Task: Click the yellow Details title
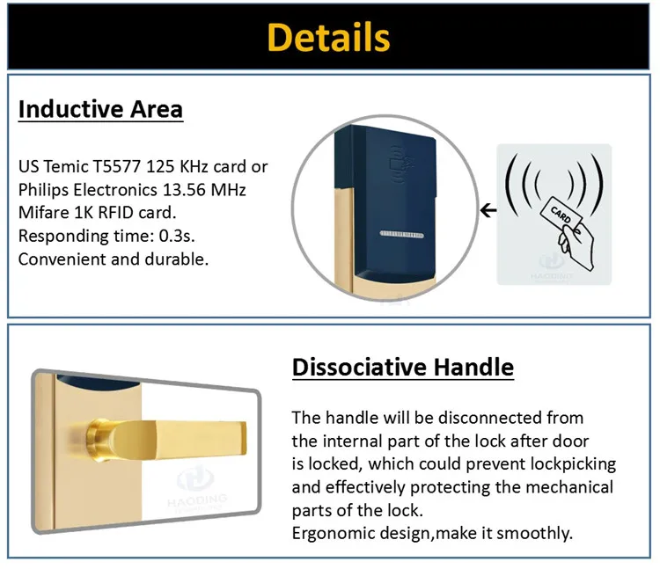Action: click(x=328, y=37)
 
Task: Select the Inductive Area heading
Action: click(x=100, y=109)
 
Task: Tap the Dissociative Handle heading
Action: click(x=403, y=367)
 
